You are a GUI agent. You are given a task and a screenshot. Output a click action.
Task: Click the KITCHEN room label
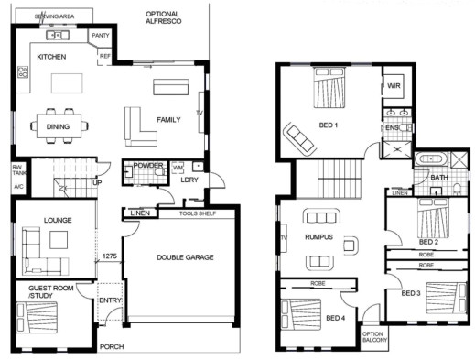pos(50,57)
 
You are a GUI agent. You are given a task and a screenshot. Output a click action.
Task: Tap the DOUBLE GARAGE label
pos(185,257)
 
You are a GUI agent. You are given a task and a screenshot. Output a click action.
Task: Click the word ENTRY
pos(110,300)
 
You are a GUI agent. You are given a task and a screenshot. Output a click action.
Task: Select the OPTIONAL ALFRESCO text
pos(162,19)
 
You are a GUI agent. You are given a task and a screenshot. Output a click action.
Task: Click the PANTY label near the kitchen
pos(100,37)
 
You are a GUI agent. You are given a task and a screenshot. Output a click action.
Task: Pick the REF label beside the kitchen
pos(104,56)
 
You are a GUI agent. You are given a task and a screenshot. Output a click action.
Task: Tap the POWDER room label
pos(148,165)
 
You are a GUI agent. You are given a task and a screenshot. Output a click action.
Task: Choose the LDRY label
pos(189,180)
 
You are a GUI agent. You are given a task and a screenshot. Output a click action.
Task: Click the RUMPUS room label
pos(319,238)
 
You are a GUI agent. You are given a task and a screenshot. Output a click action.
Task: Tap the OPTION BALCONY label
pos(373,337)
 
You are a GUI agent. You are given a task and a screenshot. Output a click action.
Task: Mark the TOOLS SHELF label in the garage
pos(197,213)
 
